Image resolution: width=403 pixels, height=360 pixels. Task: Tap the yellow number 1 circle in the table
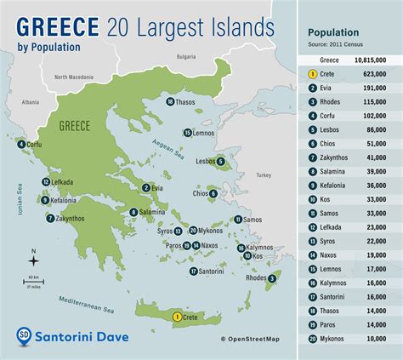pyautogui.click(x=312, y=73)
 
